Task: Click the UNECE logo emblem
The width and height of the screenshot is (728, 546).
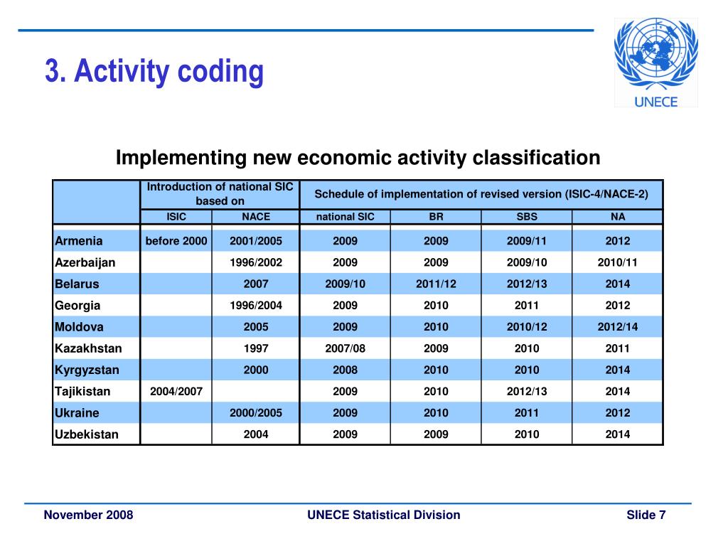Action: pos(655,63)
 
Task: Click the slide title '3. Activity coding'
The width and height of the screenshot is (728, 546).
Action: pos(154,71)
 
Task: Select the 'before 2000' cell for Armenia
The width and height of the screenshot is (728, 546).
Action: pos(176,241)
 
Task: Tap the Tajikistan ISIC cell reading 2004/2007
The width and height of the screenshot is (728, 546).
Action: pos(176,391)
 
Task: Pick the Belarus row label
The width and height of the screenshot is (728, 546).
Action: pos(77,284)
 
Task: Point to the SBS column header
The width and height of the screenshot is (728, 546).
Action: pos(527,217)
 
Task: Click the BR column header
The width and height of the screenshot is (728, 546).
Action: pos(436,217)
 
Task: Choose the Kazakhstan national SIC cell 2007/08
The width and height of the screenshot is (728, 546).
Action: pos(346,348)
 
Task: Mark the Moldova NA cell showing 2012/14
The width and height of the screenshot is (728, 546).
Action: pos(618,327)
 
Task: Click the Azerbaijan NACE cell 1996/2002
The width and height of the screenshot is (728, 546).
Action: pos(256,262)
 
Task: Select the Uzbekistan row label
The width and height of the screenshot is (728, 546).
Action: pos(87,434)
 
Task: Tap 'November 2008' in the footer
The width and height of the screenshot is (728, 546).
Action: pos(88,515)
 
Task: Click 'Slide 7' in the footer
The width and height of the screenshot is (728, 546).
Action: pos(646,515)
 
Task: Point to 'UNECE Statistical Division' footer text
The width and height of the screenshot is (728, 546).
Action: pos(384,515)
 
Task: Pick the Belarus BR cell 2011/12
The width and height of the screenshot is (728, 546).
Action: pos(436,284)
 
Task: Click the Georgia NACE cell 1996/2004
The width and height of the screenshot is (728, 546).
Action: pos(256,306)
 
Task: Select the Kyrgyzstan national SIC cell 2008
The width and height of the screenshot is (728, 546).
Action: pos(346,370)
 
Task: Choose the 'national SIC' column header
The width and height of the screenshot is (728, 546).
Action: pos(346,217)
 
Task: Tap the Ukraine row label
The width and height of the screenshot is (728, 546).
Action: pos(77,413)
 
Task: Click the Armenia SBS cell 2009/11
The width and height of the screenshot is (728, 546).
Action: pos(527,241)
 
